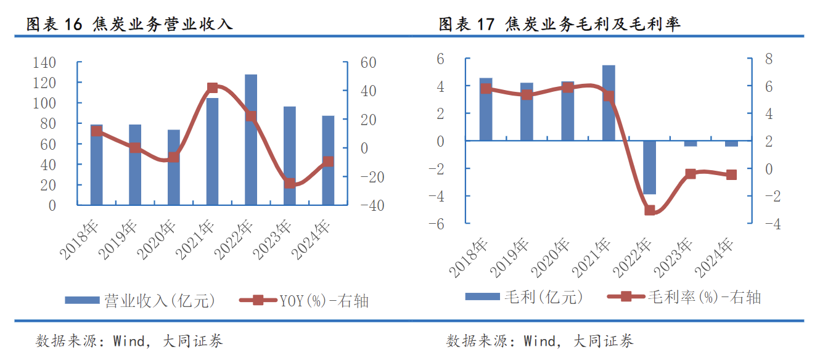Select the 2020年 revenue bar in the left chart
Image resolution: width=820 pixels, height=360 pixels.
174,167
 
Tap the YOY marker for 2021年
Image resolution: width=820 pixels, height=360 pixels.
213,88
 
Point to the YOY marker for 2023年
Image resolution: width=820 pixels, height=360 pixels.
290,183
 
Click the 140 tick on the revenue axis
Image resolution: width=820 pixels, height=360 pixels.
44,62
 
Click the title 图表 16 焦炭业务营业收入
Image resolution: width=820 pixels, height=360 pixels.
129,25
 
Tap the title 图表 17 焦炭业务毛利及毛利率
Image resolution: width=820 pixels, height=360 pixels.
560,25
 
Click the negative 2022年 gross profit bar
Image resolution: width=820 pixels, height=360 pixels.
650,168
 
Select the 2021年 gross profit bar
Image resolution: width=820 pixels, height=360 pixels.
609,102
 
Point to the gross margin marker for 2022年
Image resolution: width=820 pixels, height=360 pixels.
650,210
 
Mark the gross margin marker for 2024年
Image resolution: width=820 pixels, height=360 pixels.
731,175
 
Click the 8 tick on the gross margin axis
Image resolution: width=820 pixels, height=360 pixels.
768,59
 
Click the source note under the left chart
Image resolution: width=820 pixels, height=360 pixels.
129,341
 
